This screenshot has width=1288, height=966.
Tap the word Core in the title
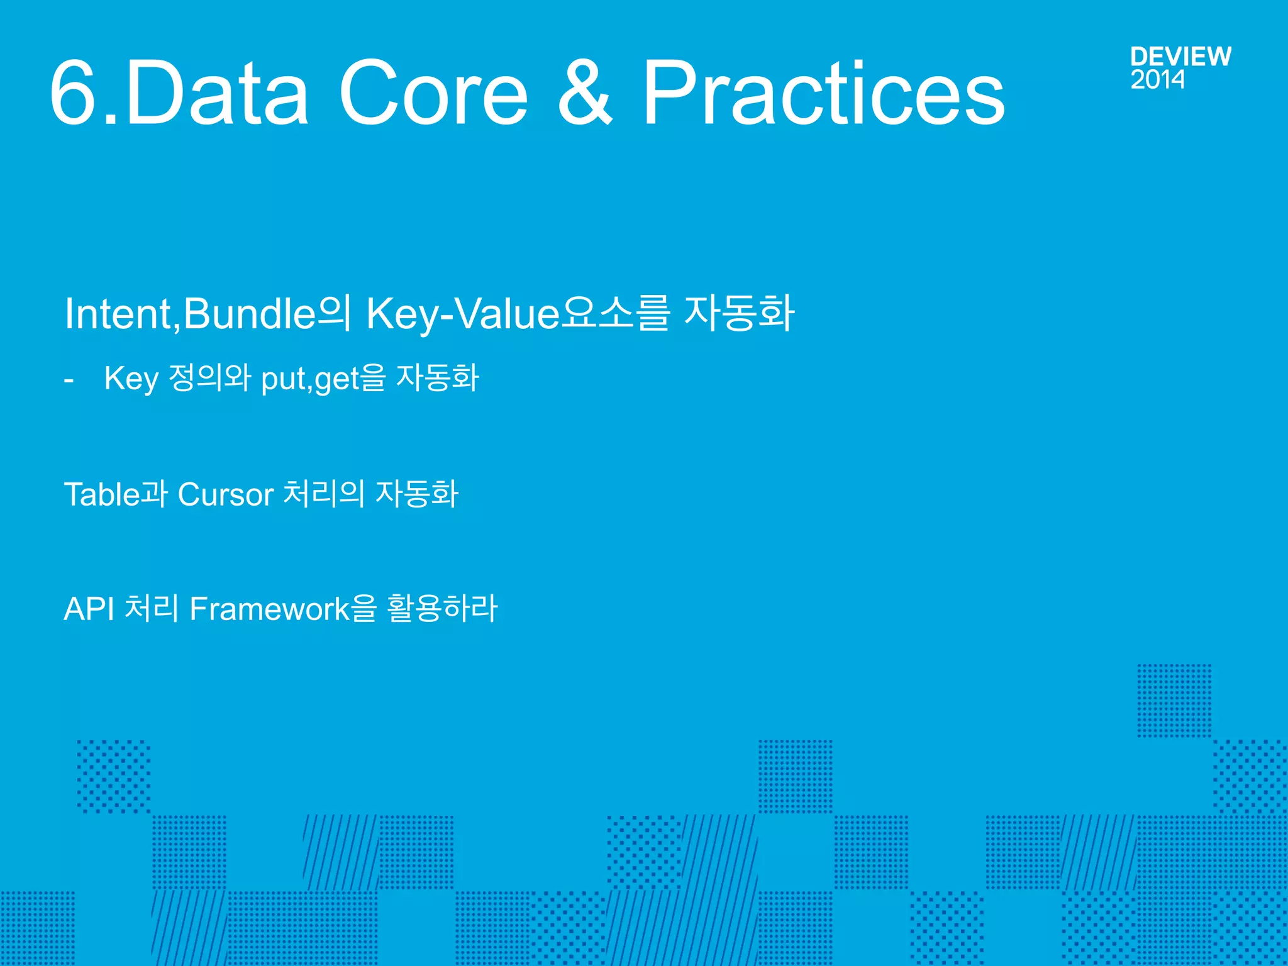pos(433,93)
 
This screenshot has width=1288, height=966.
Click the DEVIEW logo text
pos(1180,57)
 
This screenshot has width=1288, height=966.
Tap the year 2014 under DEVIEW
pos(1157,80)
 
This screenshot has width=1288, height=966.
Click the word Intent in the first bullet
pos(118,313)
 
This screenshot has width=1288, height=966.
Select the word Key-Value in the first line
pos(462,313)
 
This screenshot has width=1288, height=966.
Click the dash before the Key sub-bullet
pos(69,380)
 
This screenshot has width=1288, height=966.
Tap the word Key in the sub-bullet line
pos(131,379)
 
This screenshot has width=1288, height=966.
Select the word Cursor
pos(225,494)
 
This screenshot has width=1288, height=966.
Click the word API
pos(89,609)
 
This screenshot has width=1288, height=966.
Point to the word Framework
pos(269,609)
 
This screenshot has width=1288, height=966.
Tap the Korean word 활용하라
pos(441,609)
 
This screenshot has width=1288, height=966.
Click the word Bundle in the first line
pos(250,313)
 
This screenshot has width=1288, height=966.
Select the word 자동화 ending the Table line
pos(417,494)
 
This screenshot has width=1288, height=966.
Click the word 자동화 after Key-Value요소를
pos(739,313)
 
